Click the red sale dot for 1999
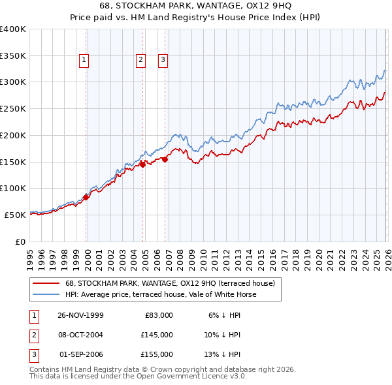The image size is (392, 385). click(x=86, y=197)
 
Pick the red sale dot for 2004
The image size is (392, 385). click(x=142, y=164)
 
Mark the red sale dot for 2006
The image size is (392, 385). click(x=165, y=159)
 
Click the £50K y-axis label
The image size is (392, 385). click(x=15, y=215)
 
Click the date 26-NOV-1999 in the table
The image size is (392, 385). click(x=80, y=315)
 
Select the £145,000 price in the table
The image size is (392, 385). click(x=156, y=335)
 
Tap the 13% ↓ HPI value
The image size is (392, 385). click(x=223, y=354)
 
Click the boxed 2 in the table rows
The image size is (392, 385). click(x=33, y=335)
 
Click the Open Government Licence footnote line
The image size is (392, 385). click(x=139, y=377)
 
